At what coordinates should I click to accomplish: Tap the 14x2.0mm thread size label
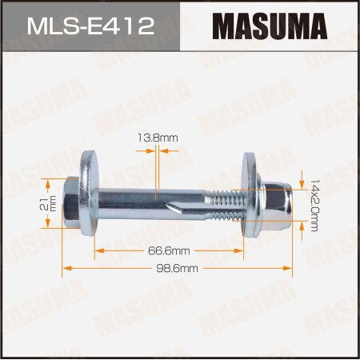click(x=314, y=206)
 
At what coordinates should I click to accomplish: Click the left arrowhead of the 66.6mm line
click(x=98, y=250)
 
